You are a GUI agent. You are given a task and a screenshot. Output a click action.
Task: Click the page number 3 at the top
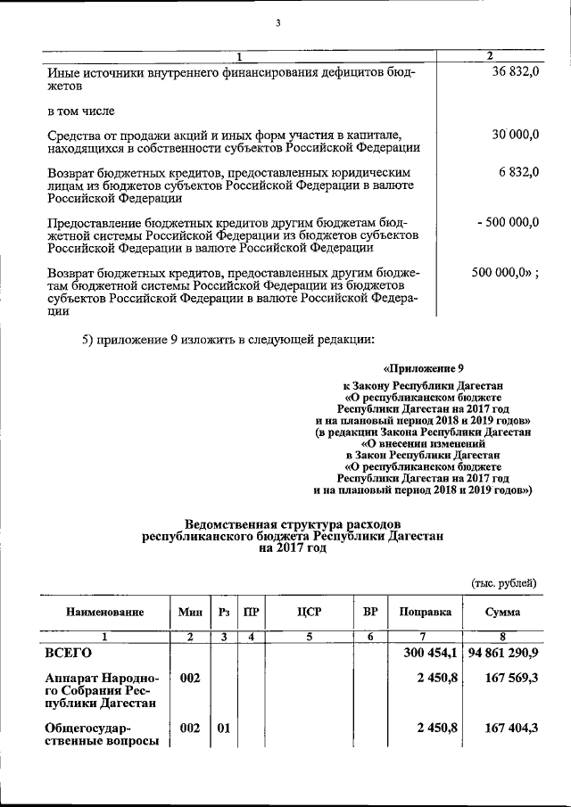click(277, 23)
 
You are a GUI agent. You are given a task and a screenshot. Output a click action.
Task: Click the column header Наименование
click(103, 613)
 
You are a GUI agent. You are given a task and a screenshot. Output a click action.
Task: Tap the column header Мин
click(190, 613)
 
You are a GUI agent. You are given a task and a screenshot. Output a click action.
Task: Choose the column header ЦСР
click(309, 613)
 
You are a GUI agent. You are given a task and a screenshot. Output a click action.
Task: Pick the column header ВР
click(370, 613)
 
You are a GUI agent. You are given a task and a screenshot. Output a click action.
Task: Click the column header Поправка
click(426, 613)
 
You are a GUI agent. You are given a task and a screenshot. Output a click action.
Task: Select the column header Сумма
click(502, 613)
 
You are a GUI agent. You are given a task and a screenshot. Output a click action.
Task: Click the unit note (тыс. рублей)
click(504, 583)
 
